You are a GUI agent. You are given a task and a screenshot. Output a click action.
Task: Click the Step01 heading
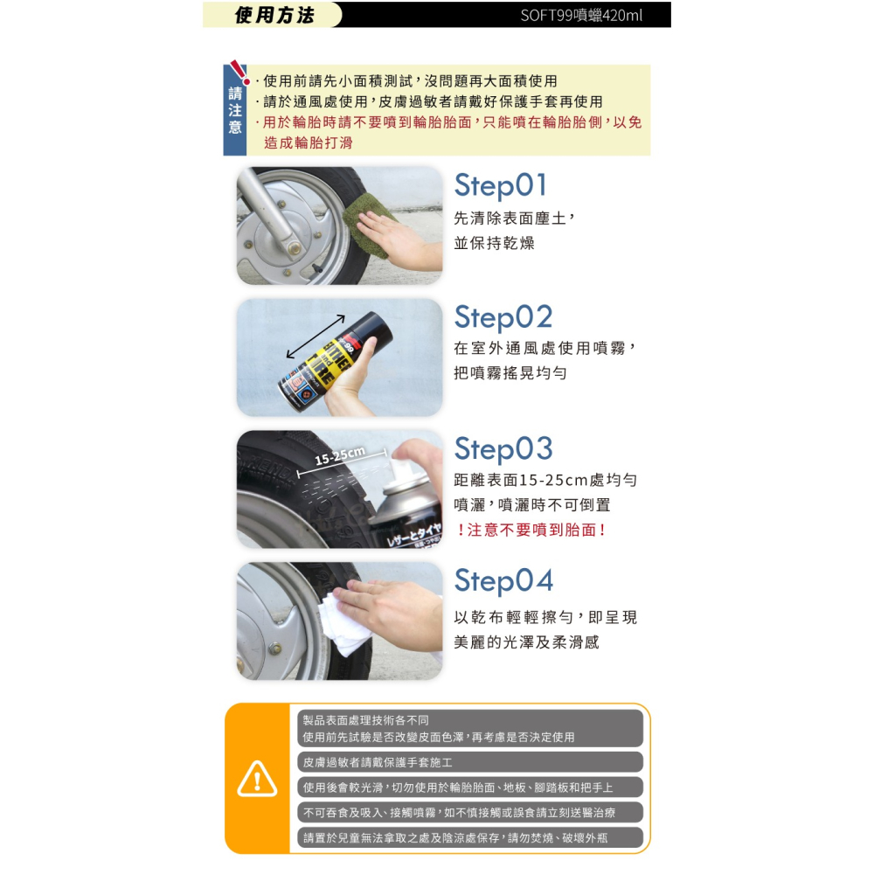tap(501, 186)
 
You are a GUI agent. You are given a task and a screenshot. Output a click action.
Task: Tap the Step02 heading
tap(503, 318)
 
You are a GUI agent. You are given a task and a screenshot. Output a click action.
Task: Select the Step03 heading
tap(503, 449)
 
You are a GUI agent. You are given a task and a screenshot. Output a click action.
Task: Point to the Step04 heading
tap(503, 581)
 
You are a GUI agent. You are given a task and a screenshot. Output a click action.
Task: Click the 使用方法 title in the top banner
tap(274, 15)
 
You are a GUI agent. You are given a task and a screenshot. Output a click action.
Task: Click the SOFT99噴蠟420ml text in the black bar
tap(581, 15)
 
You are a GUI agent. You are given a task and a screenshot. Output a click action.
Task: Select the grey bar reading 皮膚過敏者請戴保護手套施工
tap(470, 762)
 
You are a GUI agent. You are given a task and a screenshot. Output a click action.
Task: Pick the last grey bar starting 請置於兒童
tap(470, 838)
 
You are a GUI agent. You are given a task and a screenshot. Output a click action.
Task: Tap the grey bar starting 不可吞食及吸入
tap(470, 813)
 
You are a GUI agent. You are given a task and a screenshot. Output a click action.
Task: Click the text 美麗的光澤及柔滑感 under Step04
tap(526, 642)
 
